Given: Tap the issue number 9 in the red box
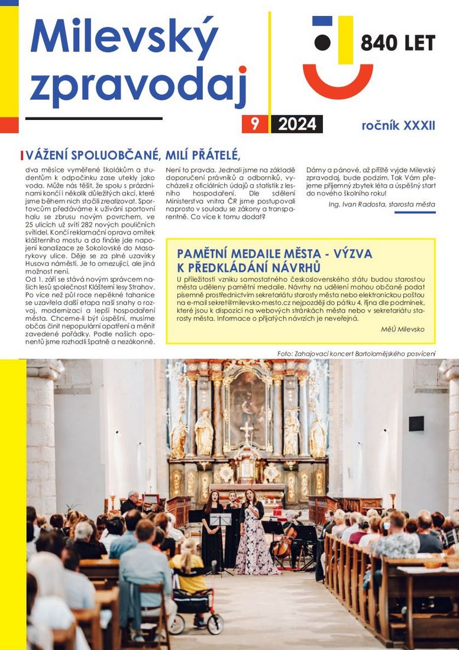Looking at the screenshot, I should [x=255, y=124].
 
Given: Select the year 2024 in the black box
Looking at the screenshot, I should [x=297, y=124].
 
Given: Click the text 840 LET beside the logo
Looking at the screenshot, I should [x=397, y=43].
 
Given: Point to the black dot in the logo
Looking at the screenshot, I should [x=322, y=42].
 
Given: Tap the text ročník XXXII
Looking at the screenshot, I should [x=398, y=125].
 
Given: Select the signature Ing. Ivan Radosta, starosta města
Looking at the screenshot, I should [x=382, y=204].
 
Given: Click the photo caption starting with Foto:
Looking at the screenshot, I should [x=356, y=353].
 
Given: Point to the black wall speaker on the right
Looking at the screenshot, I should [x=416, y=423].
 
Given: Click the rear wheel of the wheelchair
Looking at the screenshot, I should [x=215, y=624].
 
